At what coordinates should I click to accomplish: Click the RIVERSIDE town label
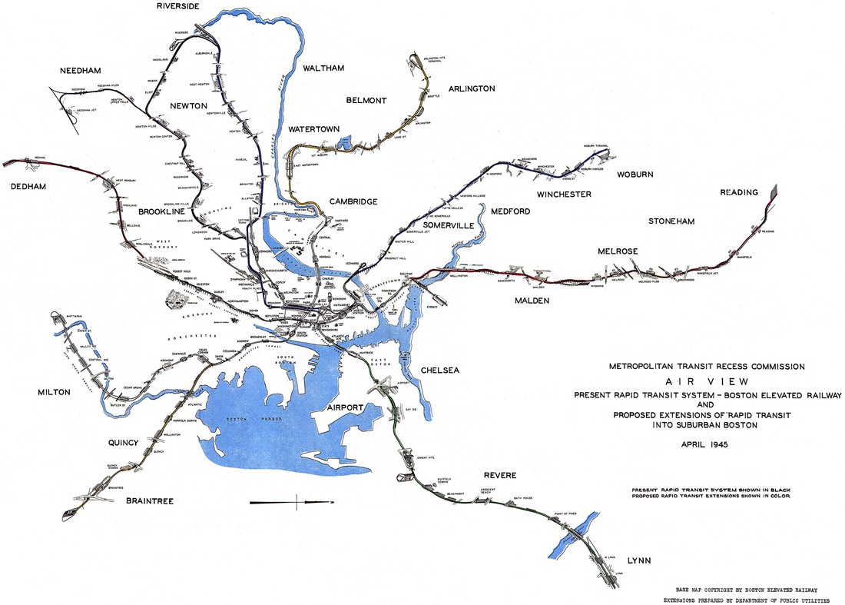[x=177, y=6]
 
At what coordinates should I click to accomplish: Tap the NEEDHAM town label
[x=81, y=71]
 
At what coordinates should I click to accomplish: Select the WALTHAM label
[x=327, y=68]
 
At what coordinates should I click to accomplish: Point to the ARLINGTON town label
[x=472, y=88]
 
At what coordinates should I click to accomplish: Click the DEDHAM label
[x=28, y=187]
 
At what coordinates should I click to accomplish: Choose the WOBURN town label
[x=635, y=175]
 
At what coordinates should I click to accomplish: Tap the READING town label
[x=738, y=192]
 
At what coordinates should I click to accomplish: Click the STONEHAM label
[x=671, y=221]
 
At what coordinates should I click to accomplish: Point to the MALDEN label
[x=532, y=301]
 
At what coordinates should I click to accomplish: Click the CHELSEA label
[x=440, y=371]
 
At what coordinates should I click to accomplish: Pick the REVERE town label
[x=499, y=475]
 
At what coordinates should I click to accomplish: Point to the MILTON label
[x=54, y=392]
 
